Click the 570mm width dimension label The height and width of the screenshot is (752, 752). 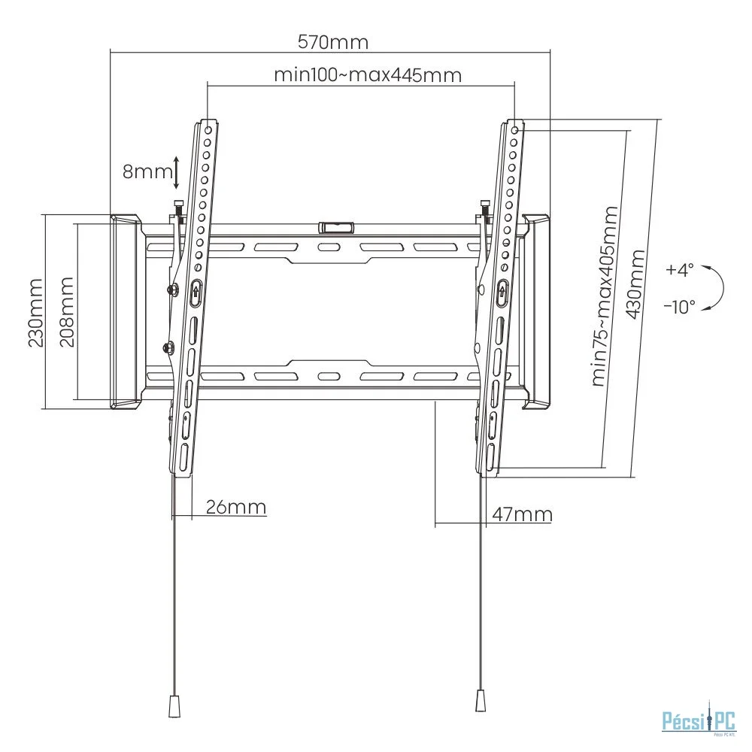click(x=333, y=42)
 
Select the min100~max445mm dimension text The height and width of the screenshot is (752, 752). click(x=367, y=75)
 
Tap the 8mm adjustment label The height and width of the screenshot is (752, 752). click(x=147, y=171)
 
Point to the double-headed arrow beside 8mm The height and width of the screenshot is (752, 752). click(x=176, y=172)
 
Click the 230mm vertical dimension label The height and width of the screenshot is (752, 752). click(x=35, y=311)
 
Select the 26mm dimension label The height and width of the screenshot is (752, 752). click(x=235, y=507)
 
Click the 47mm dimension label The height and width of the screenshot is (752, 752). click(x=522, y=514)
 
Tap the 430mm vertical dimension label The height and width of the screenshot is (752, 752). click(x=635, y=286)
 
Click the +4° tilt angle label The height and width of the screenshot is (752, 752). click(x=680, y=268)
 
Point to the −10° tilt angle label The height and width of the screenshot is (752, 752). click(x=680, y=306)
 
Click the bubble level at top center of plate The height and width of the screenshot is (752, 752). click(x=335, y=226)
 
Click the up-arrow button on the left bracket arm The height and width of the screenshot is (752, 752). click(x=195, y=291)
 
